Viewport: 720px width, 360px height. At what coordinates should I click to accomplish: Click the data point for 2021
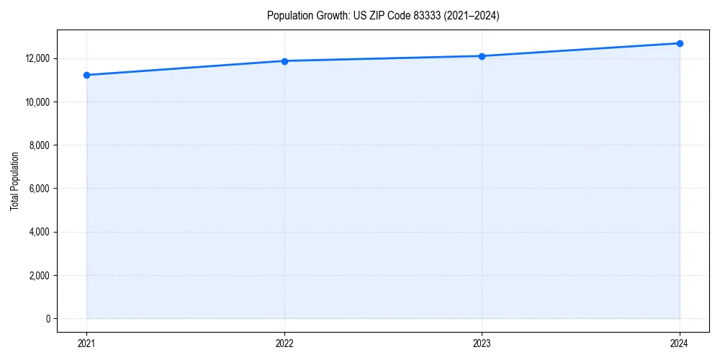(x=86, y=75)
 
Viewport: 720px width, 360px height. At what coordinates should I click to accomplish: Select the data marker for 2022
(x=284, y=61)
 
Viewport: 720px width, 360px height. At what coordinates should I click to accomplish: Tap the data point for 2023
(x=482, y=56)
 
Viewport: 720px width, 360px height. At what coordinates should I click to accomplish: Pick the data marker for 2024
(x=680, y=43)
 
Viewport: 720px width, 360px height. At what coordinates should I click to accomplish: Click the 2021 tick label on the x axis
(x=86, y=343)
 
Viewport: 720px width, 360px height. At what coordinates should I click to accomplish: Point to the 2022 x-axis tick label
(x=284, y=343)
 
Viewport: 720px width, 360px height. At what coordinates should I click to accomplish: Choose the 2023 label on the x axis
(x=482, y=343)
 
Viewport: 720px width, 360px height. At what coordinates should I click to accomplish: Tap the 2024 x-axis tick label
(x=680, y=343)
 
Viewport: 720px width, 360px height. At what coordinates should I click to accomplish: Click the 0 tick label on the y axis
(x=48, y=319)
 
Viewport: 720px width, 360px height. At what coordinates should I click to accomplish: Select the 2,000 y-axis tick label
(x=39, y=276)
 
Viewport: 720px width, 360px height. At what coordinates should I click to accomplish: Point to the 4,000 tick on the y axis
(x=39, y=232)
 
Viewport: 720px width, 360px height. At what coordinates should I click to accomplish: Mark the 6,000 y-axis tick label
(x=39, y=189)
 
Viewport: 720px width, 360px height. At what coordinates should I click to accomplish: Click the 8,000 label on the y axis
(x=39, y=145)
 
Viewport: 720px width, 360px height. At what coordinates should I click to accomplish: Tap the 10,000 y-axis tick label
(x=37, y=102)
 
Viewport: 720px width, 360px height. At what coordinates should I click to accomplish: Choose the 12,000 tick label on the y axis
(x=37, y=58)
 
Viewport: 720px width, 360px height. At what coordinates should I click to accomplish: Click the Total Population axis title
(x=14, y=181)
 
